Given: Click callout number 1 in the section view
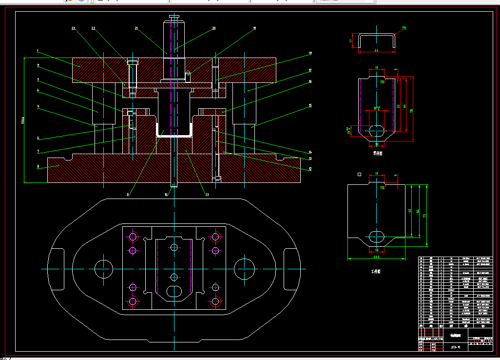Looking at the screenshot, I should tap(38, 50).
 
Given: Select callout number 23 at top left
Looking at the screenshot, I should tap(74, 28).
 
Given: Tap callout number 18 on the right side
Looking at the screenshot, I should tap(310, 53).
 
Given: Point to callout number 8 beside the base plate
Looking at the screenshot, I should tap(38, 166).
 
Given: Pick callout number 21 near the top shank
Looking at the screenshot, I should tap(137, 29).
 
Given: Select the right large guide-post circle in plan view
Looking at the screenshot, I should tap(245, 269).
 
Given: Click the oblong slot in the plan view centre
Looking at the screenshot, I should tap(174, 292).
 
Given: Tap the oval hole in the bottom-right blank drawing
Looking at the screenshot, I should tap(376, 236).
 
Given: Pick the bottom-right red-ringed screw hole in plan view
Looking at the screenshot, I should tap(215, 301).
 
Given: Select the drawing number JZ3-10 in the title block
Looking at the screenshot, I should tap(455, 347).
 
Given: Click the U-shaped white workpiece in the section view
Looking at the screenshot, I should tap(173, 136).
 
